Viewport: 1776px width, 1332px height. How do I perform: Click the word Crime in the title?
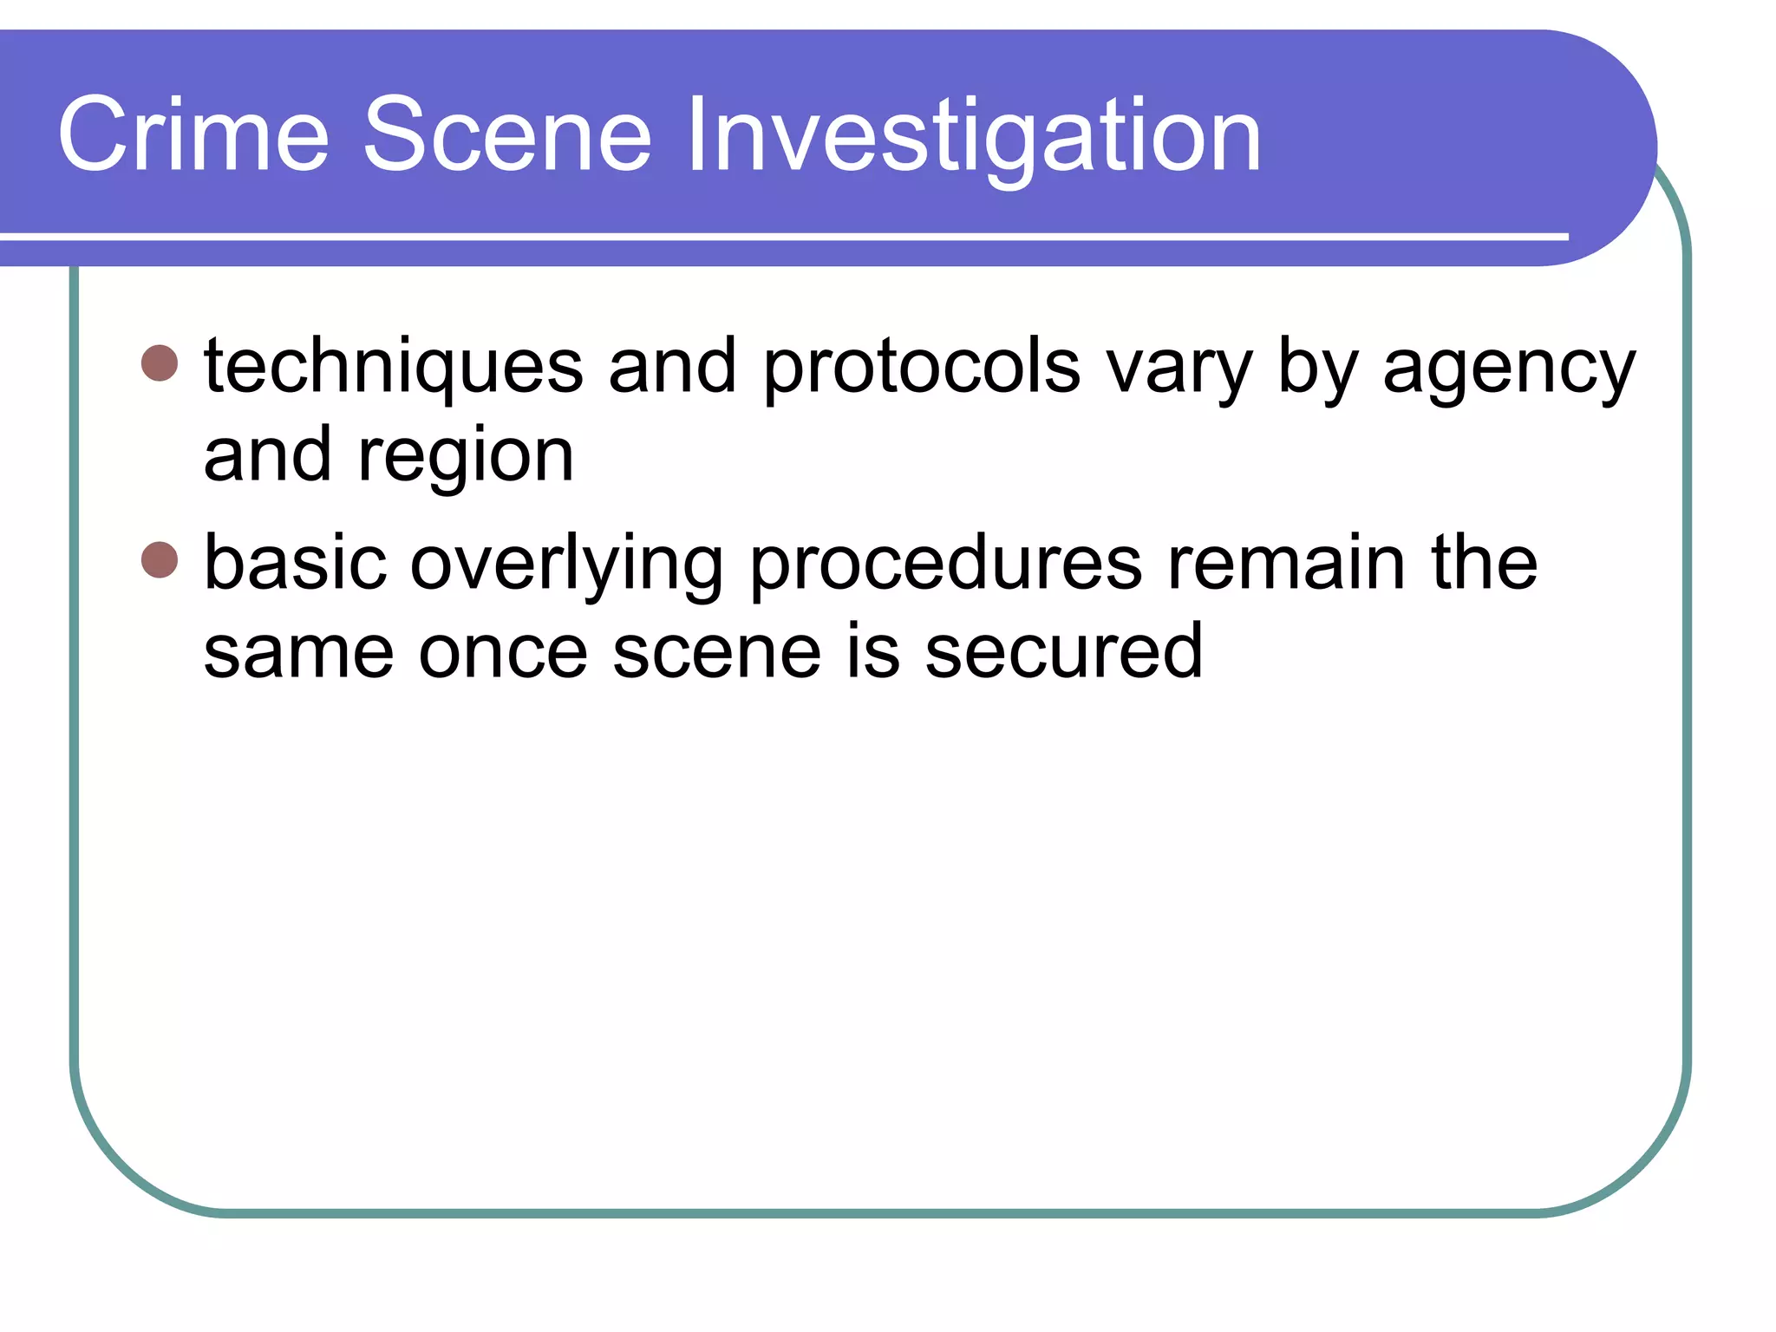pyautogui.click(x=193, y=135)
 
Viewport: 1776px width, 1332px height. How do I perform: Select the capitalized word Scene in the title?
pyautogui.click(x=506, y=135)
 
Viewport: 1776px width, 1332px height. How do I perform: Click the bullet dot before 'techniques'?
pyautogui.click(x=160, y=363)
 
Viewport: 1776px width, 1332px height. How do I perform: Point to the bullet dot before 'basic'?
pyautogui.click(x=160, y=559)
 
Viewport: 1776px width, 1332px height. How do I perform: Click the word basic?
pyautogui.click(x=295, y=564)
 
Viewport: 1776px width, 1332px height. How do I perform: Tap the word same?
pyautogui.click(x=298, y=652)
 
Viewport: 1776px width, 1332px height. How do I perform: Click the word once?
pyautogui.click(x=503, y=652)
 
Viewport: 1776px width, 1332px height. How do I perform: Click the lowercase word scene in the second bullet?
pyautogui.click(x=716, y=652)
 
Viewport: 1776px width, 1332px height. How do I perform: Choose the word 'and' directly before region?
pyautogui.click(x=267, y=454)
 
